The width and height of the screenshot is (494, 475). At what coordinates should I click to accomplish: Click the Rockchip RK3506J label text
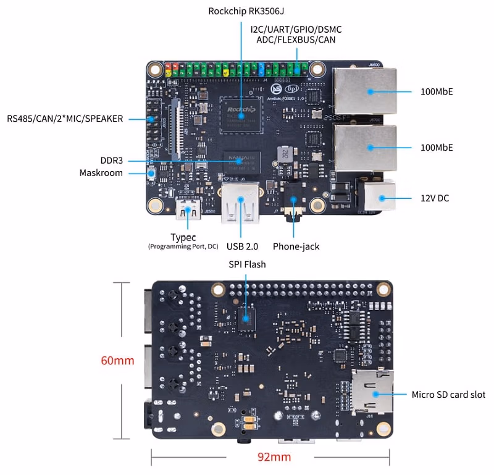[x=246, y=11]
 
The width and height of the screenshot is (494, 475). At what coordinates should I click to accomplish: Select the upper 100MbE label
[x=436, y=91]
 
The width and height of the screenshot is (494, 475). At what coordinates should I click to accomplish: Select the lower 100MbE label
[x=436, y=148]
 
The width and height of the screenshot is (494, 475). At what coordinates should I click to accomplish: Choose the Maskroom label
[x=101, y=173]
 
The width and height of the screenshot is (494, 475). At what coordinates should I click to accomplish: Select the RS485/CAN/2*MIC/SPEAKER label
[x=65, y=118]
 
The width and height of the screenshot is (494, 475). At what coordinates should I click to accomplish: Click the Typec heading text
[x=183, y=237]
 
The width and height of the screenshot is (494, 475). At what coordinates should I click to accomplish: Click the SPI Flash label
[x=247, y=264]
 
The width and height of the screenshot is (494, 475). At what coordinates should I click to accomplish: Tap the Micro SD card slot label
[x=448, y=394]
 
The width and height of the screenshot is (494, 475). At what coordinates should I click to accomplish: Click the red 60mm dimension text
[x=117, y=361]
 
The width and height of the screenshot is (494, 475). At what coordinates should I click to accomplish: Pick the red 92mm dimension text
[x=274, y=458]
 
